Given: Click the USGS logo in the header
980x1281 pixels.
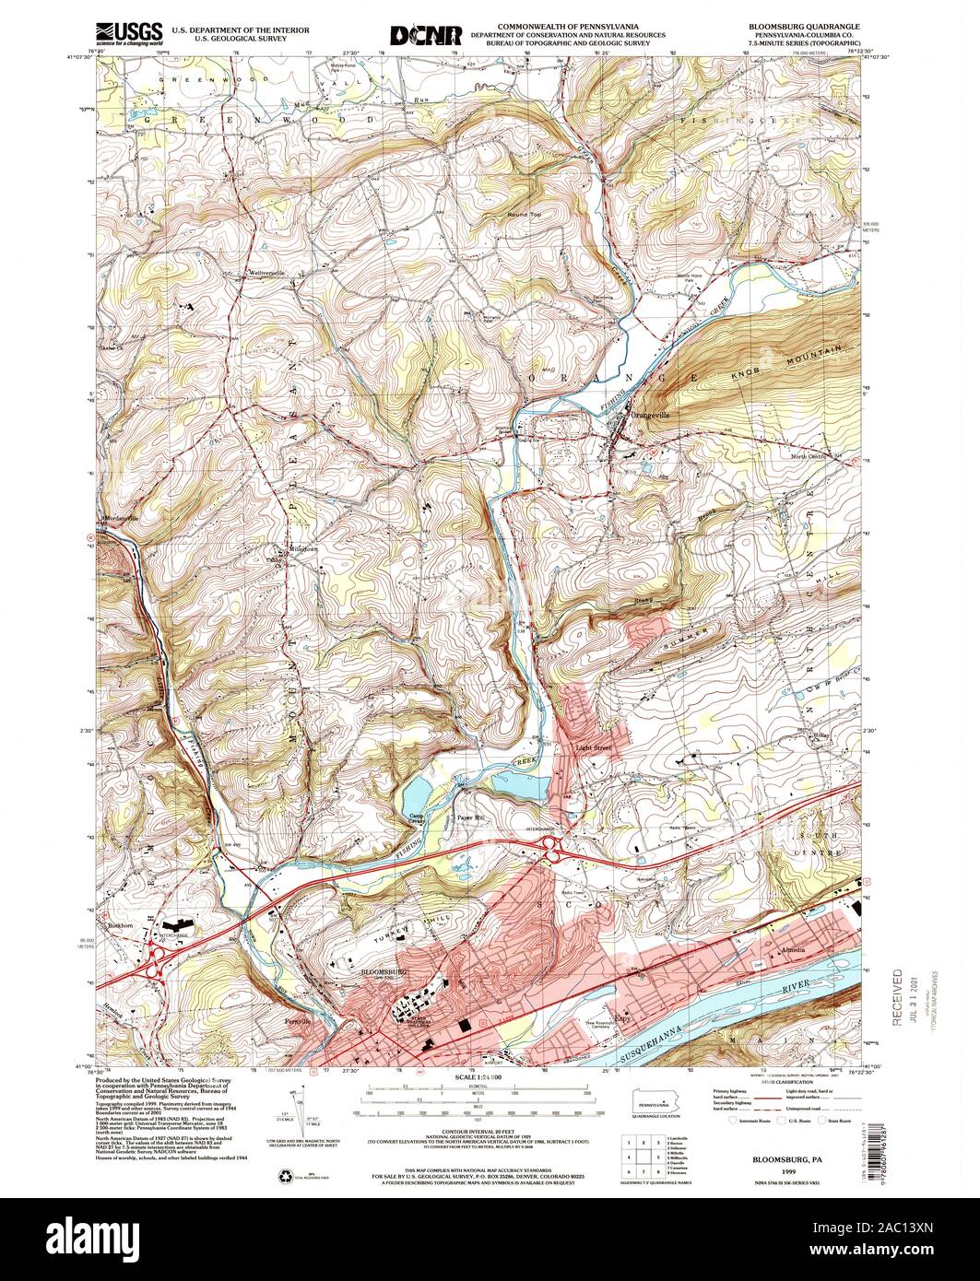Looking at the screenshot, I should click(x=129, y=32).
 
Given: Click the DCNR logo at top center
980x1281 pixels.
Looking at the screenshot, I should click(x=425, y=34).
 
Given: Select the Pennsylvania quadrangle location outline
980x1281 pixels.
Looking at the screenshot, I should click(x=655, y=1102).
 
